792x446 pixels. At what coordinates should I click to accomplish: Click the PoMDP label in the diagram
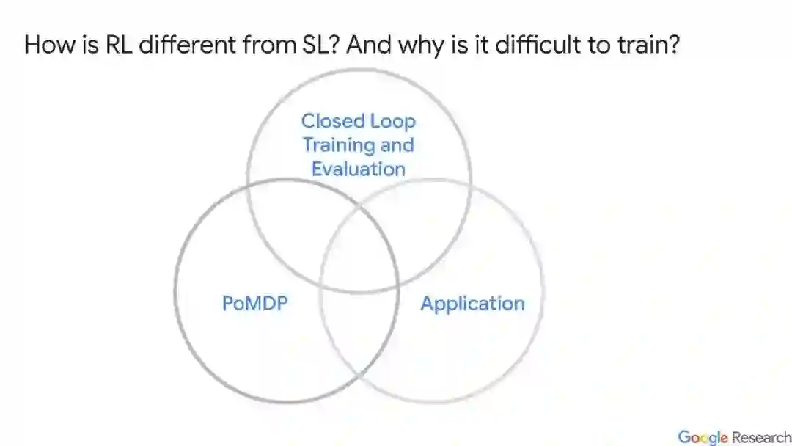coord(254,303)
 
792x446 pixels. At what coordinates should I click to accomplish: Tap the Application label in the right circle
coord(472,304)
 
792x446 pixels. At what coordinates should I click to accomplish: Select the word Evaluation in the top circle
coord(358,169)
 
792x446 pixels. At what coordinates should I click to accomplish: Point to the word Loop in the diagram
coord(392,122)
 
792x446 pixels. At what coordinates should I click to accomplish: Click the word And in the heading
coord(367,45)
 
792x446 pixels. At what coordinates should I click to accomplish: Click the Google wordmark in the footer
coord(703,437)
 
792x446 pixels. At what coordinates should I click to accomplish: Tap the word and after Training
coord(397,145)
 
